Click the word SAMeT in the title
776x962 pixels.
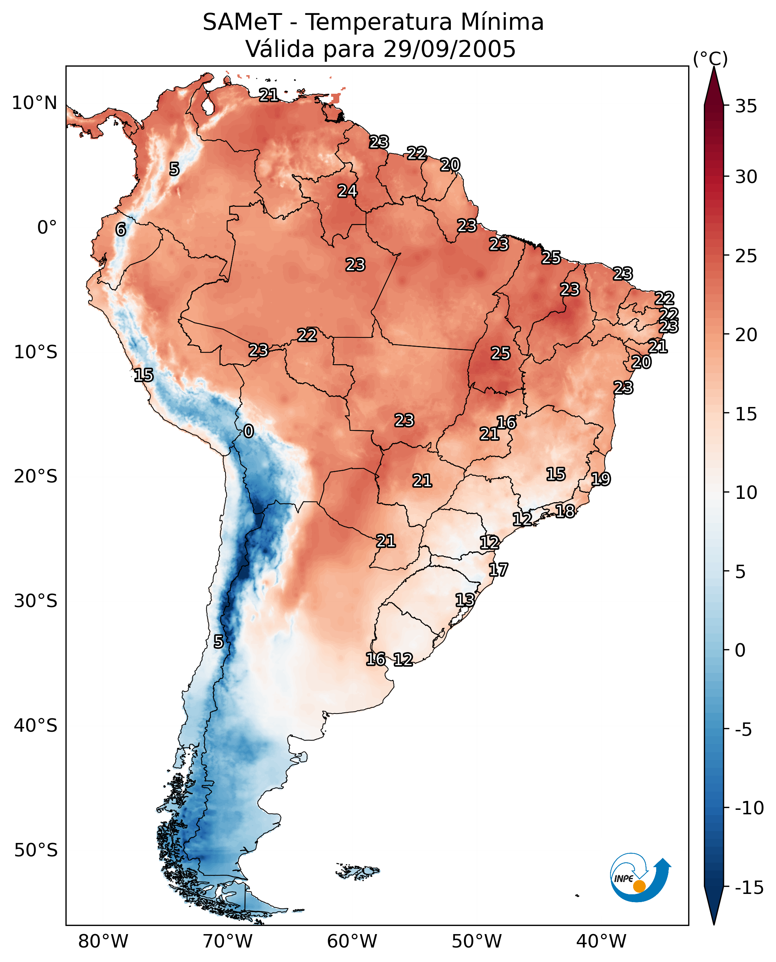point(242,22)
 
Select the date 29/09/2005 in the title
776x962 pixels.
point(449,49)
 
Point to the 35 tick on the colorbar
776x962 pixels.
point(746,106)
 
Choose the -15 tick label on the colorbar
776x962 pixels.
point(749,887)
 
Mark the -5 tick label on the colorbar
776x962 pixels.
point(744,729)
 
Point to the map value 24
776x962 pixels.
point(347,191)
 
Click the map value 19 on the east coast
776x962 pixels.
point(601,479)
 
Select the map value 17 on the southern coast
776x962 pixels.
point(498,570)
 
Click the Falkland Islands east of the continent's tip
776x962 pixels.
point(357,871)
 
